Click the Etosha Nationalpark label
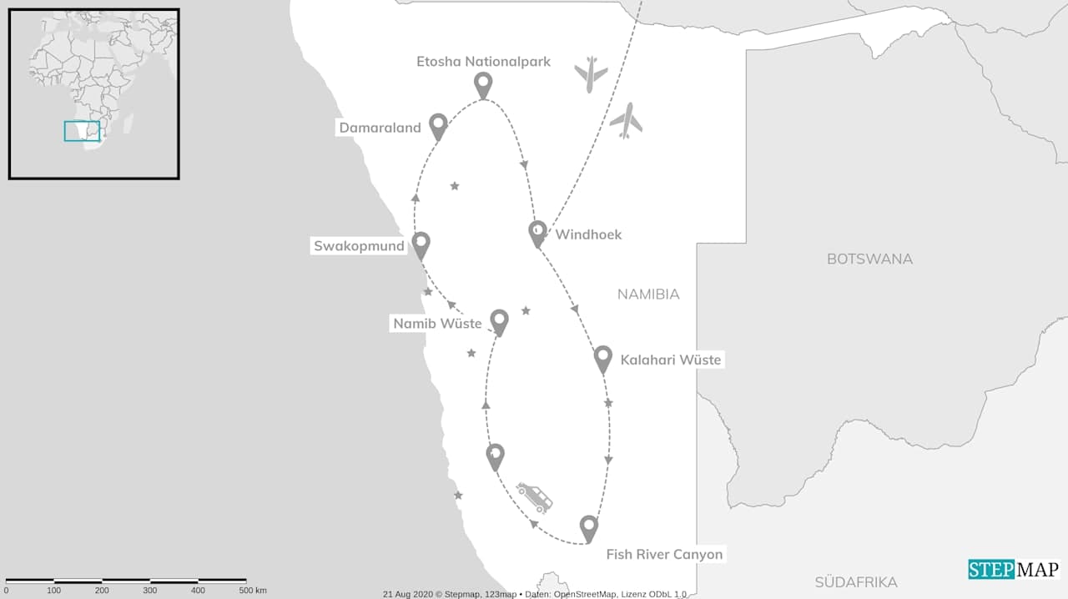click(483, 62)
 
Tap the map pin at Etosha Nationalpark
click(482, 83)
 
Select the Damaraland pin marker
click(438, 125)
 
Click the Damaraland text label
click(380, 128)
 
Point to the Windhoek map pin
click(538, 233)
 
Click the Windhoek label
click(588, 234)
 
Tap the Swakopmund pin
click(421, 244)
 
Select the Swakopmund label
click(359, 246)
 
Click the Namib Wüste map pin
click(499, 320)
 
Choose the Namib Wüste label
click(438, 323)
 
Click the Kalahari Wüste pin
click(603, 358)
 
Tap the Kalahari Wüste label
click(670, 360)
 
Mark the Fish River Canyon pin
click(589, 527)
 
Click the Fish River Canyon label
click(664, 554)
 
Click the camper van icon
click(534, 496)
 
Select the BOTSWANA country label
click(869, 259)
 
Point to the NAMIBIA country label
click(648, 294)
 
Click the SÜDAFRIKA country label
click(856, 582)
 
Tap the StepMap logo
click(1014, 569)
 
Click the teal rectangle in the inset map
click(82, 131)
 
